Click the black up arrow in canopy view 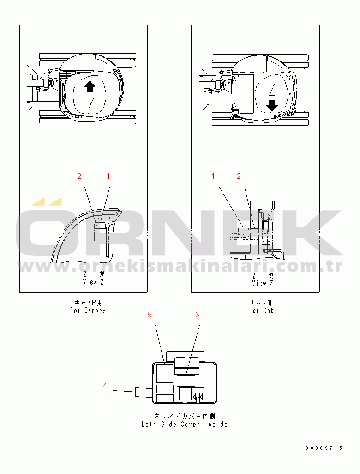[90, 87]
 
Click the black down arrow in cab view [272, 105]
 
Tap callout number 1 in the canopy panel [108, 176]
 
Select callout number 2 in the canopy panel [79, 176]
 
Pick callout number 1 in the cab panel [213, 176]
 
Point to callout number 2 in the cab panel [239, 176]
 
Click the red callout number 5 [150, 315]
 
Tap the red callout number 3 [197, 315]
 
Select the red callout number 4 [105, 386]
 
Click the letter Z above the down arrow [272, 89]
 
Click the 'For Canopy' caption [88, 310]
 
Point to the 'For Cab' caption [262, 310]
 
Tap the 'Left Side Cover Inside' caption [185, 425]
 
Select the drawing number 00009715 [324, 448]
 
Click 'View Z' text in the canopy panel [93, 282]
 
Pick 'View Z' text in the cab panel [263, 283]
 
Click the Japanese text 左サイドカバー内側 [185, 416]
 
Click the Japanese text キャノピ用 [88, 303]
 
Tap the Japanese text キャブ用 [261, 303]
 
